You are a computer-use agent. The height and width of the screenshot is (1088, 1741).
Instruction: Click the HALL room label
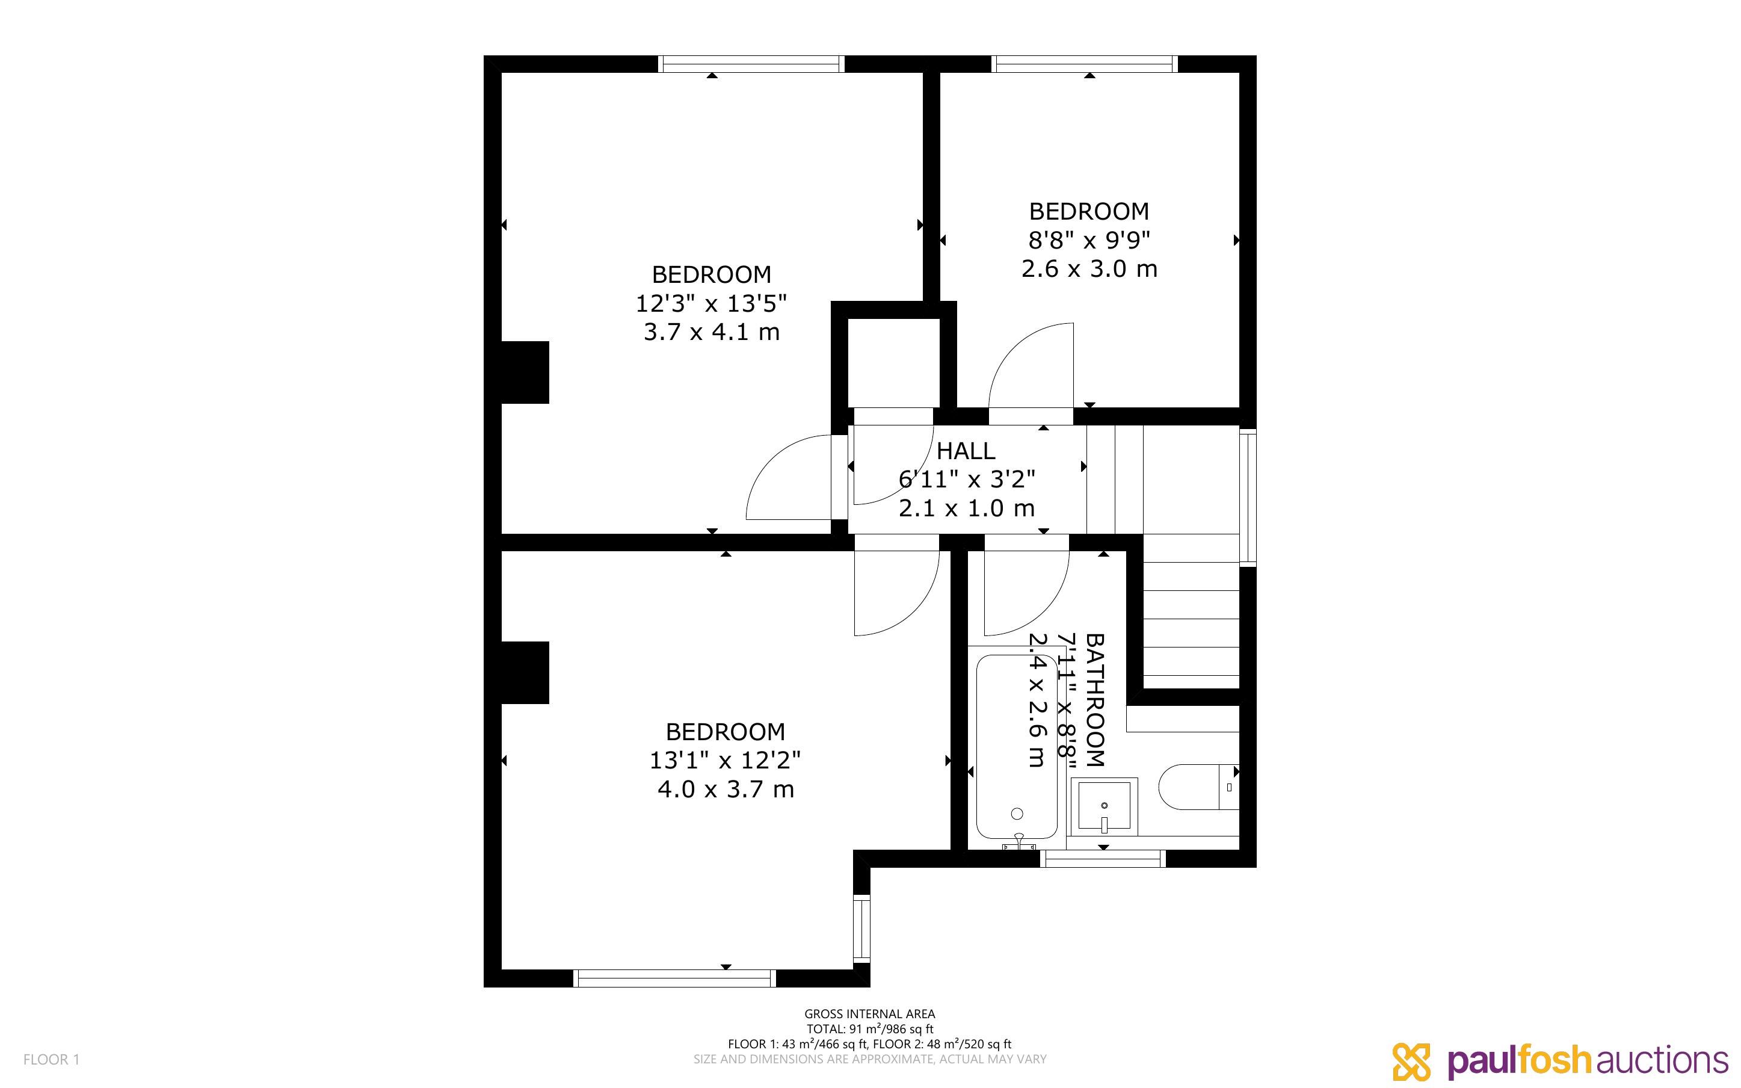(x=966, y=451)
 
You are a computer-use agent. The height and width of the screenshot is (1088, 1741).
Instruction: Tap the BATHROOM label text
(x=1094, y=700)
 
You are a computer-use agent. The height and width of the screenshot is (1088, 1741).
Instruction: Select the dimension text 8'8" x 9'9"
(x=1089, y=240)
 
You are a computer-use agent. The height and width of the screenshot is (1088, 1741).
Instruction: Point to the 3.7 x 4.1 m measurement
(x=711, y=332)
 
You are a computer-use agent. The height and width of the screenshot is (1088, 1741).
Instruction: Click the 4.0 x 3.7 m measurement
(x=726, y=790)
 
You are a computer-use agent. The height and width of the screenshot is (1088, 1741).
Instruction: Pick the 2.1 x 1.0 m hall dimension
(x=967, y=508)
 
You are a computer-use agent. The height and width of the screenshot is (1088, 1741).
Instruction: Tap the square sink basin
(x=1104, y=806)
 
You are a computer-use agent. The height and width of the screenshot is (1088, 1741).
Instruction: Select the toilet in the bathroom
(x=1199, y=787)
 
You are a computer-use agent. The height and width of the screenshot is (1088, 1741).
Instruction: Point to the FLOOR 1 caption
(x=52, y=1059)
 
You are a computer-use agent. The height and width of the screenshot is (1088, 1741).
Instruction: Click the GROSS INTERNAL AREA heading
(x=869, y=1014)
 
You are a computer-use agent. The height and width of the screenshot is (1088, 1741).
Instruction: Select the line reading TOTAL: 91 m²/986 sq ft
(x=869, y=1029)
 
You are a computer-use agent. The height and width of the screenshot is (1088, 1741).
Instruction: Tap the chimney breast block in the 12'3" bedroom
(x=525, y=372)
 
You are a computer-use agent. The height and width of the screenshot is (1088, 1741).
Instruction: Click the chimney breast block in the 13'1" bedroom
(x=525, y=673)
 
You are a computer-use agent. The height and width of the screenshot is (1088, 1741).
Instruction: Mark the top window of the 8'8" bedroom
(x=1085, y=64)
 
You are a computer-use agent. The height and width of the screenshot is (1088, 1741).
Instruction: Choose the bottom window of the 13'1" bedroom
(x=674, y=978)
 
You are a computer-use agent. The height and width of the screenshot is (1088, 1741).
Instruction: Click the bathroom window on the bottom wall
(x=1103, y=859)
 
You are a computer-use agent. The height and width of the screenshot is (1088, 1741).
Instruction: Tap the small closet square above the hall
(x=894, y=363)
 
